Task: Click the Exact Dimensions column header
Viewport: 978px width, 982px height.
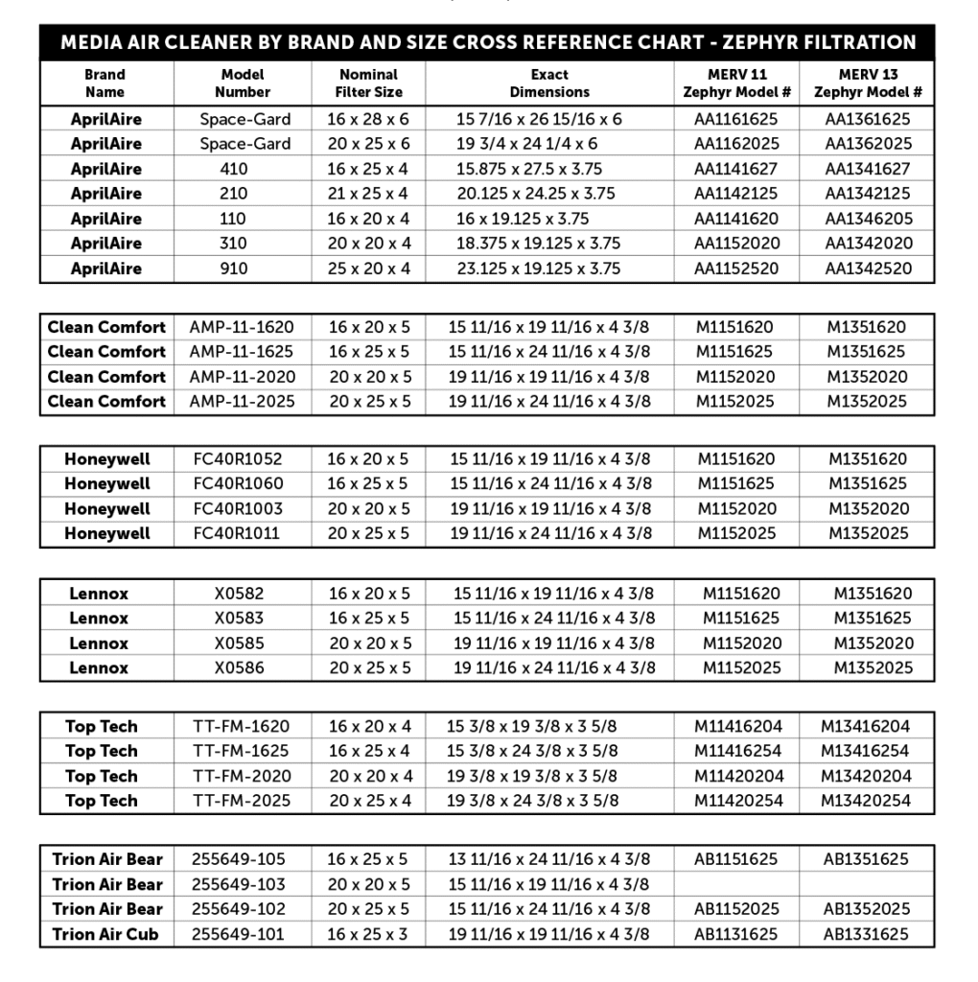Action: tap(549, 83)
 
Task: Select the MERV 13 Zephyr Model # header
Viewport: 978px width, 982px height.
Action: tap(868, 83)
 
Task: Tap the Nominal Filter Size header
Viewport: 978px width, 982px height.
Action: tap(369, 83)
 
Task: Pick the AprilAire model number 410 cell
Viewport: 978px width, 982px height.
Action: tap(233, 169)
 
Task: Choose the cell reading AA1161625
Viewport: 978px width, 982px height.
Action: tap(736, 119)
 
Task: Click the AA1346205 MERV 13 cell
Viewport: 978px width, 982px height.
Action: tap(869, 219)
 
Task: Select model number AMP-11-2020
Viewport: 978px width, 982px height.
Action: tap(243, 377)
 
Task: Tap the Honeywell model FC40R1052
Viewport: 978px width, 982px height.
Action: tap(238, 459)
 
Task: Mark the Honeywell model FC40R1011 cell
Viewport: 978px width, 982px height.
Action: tap(238, 533)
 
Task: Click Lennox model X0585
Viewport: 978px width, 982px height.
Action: tap(239, 643)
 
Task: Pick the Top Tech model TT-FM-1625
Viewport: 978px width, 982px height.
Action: tap(241, 751)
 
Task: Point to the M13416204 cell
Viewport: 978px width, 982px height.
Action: tap(865, 727)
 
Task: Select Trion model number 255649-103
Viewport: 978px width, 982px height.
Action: tap(239, 884)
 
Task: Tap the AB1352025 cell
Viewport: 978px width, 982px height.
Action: tap(866, 909)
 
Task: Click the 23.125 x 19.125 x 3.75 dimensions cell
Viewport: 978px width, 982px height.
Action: tap(539, 269)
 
